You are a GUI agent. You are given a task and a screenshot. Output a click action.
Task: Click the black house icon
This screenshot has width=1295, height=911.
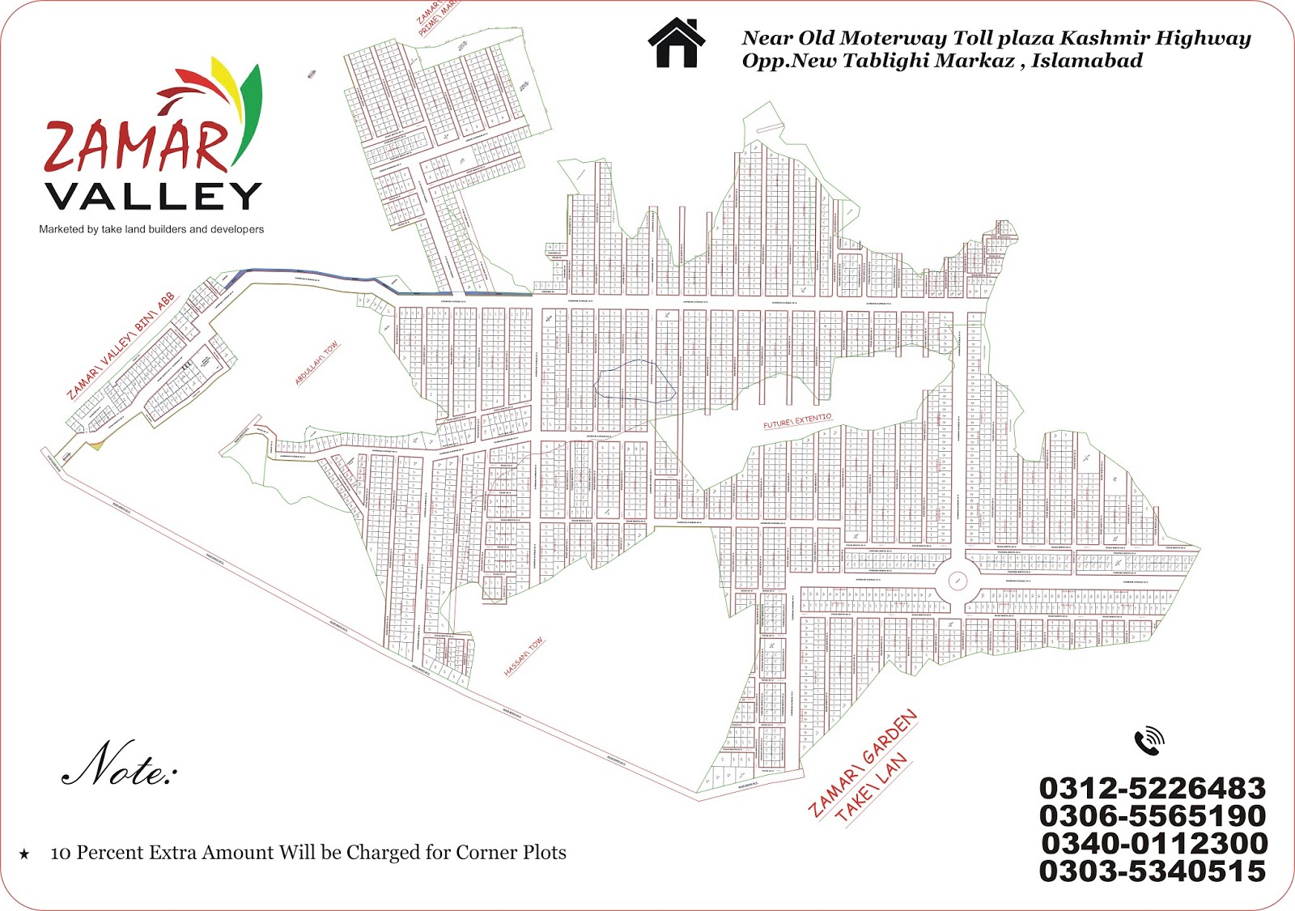tap(677, 42)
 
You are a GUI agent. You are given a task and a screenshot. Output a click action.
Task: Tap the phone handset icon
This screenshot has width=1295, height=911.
tap(1149, 741)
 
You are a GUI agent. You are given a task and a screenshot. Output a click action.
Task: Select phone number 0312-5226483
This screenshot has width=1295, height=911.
tap(1152, 788)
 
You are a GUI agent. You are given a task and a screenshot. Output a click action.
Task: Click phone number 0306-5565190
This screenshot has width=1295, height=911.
tap(1152, 815)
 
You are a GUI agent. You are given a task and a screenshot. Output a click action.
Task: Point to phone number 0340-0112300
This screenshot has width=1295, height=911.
tap(1154, 843)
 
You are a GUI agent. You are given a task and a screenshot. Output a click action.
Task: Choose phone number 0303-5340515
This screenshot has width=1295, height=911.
tap(1152, 871)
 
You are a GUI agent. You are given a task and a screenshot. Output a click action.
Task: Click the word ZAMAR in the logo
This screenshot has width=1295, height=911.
tap(136, 147)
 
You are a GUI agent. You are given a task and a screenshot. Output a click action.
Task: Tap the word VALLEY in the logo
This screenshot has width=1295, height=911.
tap(153, 196)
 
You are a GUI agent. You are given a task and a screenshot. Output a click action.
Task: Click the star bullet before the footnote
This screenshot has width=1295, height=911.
tap(24, 854)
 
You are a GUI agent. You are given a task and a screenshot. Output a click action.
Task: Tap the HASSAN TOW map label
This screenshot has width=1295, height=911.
tap(524, 657)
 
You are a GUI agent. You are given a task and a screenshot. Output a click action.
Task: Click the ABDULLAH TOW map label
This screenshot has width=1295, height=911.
tap(316, 363)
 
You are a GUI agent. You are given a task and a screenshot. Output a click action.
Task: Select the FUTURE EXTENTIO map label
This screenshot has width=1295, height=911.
tap(797, 421)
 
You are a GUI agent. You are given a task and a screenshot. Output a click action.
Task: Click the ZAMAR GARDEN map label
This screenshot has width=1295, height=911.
tap(863, 762)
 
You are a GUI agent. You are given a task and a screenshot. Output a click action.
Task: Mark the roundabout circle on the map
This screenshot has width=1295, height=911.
tap(957, 580)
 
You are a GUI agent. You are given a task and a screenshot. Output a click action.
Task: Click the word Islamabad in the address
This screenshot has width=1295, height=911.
tap(1086, 61)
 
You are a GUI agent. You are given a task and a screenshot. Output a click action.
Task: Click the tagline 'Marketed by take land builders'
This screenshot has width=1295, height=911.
tap(151, 229)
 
